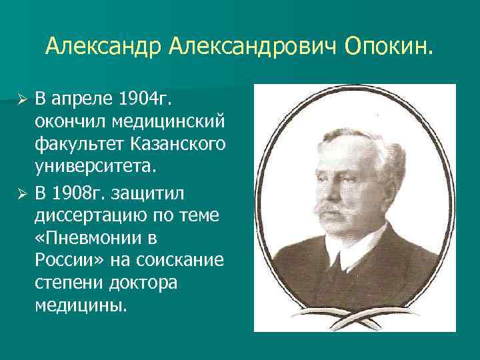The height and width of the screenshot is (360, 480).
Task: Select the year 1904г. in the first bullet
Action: (x=144, y=100)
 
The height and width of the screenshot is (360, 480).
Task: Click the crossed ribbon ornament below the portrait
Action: (x=354, y=319)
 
